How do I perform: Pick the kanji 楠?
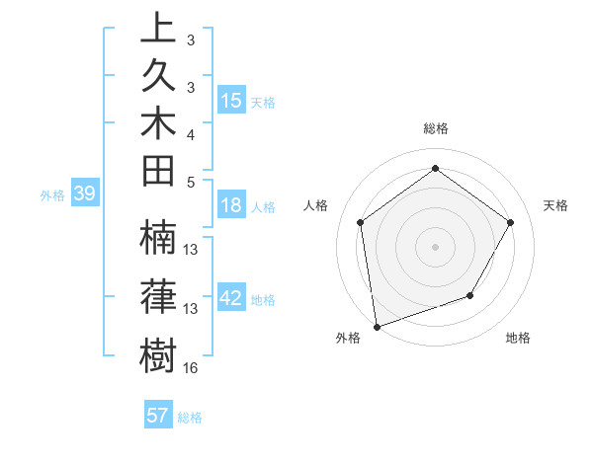click(x=157, y=241)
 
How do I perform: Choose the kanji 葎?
click(x=157, y=297)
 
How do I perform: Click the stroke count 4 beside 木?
click(x=190, y=133)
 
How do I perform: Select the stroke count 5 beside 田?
click(x=190, y=181)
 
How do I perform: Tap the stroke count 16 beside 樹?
click(x=191, y=367)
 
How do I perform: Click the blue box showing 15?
click(x=231, y=101)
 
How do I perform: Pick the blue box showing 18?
click(x=231, y=205)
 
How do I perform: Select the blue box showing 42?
click(x=231, y=298)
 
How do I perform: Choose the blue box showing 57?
click(x=158, y=416)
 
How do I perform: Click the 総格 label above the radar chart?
click(x=435, y=129)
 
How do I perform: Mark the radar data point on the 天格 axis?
click(x=510, y=222)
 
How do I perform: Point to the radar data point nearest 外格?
click(x=377, y=326)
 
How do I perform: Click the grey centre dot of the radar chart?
click(x=435, y=246)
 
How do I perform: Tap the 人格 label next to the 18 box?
click(x=263, y=207)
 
